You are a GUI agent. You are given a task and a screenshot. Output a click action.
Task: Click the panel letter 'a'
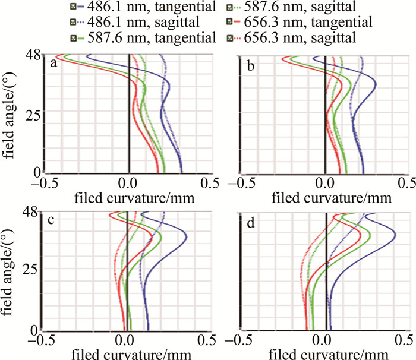click(53, 64)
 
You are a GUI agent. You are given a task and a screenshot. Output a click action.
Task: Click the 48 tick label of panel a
click(33, 55)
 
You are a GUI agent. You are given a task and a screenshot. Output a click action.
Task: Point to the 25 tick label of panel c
click(33, 270)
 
